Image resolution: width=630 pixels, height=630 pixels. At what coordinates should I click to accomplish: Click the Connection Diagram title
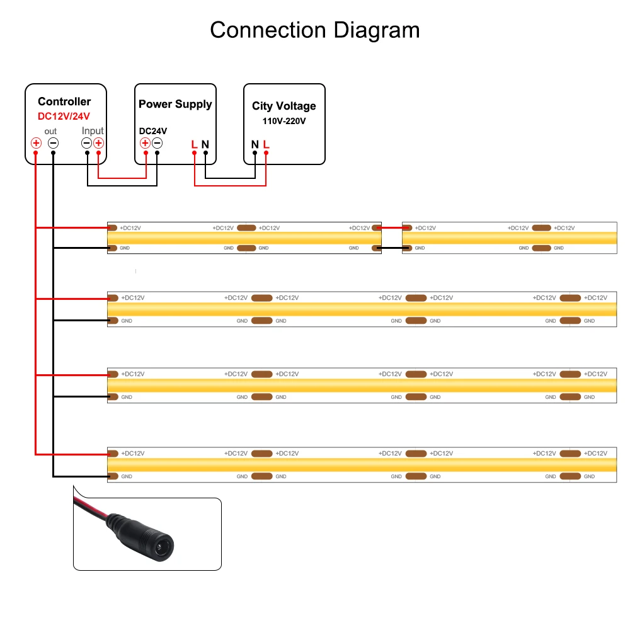point(314,30)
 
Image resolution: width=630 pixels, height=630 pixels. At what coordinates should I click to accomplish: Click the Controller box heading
point(64,101)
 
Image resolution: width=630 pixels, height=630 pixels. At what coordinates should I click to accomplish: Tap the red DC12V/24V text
point(64,116)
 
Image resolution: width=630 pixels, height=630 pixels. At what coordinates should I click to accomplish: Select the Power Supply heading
point(175,104)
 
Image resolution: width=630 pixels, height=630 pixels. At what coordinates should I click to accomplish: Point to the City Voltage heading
point(284,106)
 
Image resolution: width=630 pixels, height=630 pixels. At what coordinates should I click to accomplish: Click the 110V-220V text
point(284,120)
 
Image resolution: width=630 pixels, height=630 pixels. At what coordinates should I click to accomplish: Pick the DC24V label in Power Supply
point(153,131)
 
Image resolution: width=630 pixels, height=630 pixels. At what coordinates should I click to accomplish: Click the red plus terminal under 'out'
point(37,144)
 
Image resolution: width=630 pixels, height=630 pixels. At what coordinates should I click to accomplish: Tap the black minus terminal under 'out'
point(54,144)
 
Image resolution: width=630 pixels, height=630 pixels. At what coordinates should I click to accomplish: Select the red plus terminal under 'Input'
point(98,144)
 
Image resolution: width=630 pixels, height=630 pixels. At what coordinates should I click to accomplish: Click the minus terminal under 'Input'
point(87,144)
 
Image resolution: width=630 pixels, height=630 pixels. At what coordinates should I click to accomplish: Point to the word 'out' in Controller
point(50,131)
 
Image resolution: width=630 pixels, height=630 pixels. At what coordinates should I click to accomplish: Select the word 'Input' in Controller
point(93,131)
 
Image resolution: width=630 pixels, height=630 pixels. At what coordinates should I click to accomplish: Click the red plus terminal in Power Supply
point(146,144)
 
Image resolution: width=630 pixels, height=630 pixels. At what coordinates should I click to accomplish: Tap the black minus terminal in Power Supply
point(157,144)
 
